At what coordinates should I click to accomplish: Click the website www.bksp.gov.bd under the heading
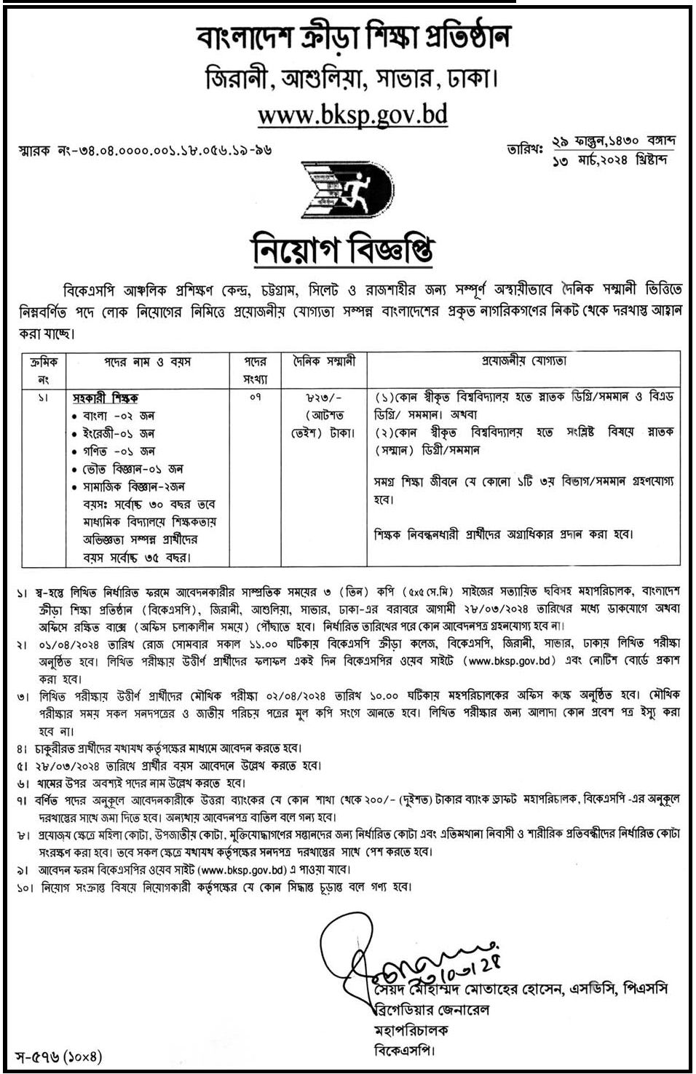(x=352, y=114)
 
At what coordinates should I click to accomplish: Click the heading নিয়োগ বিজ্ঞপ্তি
(x=343, y=249)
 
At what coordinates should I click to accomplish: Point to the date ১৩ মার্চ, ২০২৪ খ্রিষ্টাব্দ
(x=609, y=160)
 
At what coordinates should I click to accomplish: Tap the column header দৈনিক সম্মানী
(x=325, y=361)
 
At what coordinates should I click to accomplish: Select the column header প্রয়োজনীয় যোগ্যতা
(x=523, y=361)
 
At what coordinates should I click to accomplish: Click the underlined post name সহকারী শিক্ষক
(x=106, y=398)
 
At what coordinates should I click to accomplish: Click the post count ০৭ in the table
(x=255, y=398)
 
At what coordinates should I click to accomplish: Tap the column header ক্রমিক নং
(x=44, y=370)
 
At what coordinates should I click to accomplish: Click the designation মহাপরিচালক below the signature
(x=411, y=1030)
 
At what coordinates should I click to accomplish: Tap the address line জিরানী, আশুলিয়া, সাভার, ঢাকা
(x=352, y=79)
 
